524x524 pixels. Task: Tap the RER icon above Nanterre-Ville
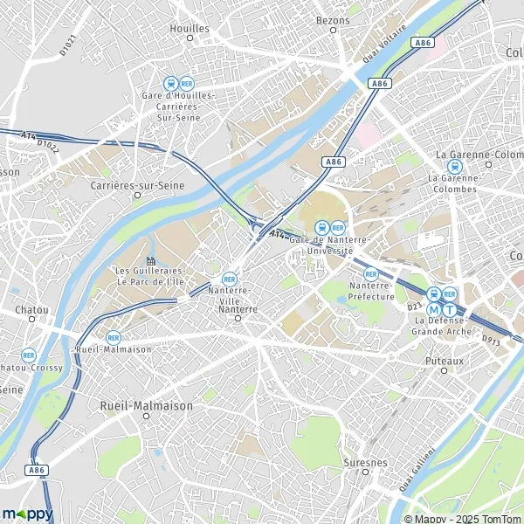230,278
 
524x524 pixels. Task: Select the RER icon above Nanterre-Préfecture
370,273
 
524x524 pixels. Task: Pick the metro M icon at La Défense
434,308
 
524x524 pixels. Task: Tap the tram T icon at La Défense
450,308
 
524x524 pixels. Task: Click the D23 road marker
414,307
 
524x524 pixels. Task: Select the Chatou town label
31,310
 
